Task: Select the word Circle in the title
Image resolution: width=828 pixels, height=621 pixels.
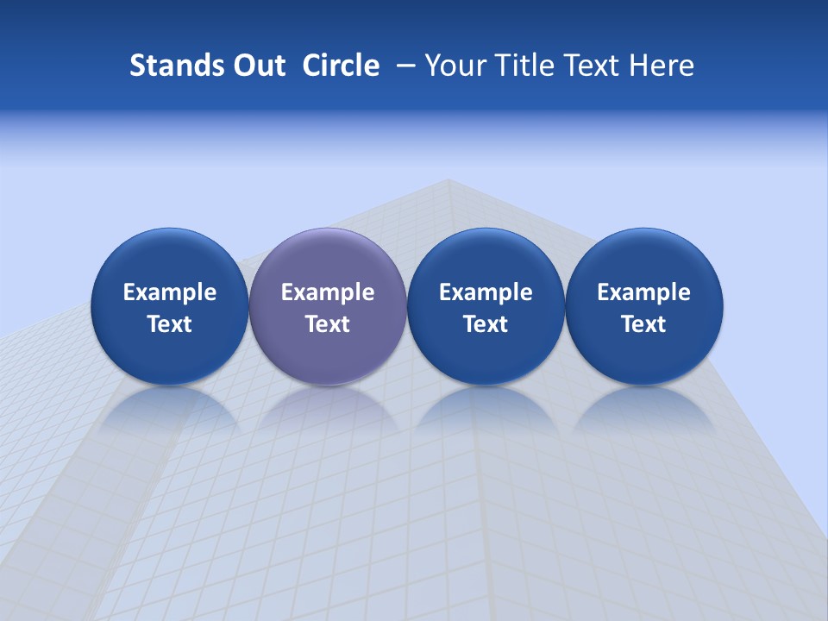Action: (341, 66)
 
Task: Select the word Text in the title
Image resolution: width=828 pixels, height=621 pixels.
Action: (595, 66)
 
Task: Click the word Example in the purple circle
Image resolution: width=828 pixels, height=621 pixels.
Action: (328, 292)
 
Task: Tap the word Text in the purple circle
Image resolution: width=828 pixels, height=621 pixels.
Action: (328, 324)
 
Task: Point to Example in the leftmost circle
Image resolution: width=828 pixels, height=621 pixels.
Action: (169, 292)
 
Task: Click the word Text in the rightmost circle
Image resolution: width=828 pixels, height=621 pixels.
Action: (644, 324)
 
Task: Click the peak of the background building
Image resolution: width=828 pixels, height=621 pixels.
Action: (448, 180)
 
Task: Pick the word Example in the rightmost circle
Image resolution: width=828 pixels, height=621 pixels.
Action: (644, 292)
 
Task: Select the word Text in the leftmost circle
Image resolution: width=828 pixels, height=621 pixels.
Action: (169, 324)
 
